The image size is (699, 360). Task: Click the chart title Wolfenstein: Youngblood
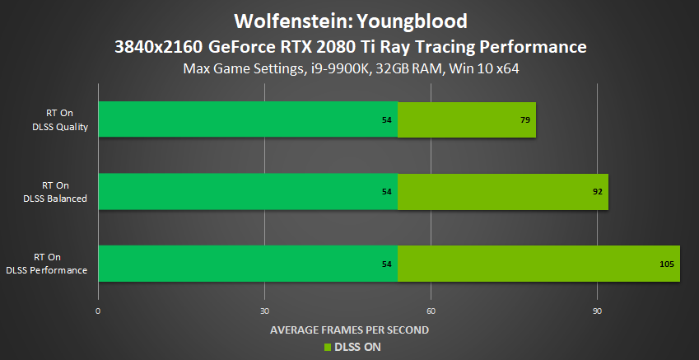point(350,20)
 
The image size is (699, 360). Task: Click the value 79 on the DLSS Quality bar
point(524,120)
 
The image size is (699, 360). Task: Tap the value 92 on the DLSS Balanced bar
point(597,192)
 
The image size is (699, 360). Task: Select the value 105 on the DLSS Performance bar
point(667,264)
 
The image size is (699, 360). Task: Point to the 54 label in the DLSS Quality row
point(387,120)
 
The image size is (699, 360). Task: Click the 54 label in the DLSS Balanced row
point(387,192)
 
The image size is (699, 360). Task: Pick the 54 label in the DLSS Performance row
point(387,264)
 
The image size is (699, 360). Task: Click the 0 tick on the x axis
point(98,311)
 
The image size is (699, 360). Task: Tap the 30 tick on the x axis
point(264,311)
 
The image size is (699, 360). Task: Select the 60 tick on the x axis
point(431,311)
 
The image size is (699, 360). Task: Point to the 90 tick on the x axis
point(597,311)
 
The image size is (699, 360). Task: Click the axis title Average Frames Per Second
point(350,330)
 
